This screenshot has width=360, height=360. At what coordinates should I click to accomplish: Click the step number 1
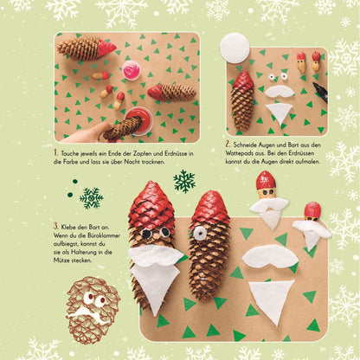[x=55, y=152]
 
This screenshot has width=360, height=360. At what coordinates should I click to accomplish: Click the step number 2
[x=228, y=144]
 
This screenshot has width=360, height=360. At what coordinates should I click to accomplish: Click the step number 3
[x=55, y=226]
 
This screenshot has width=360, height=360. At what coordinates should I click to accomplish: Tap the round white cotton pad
[x=235, y=48]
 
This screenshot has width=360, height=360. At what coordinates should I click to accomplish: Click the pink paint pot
[x=132, y=70]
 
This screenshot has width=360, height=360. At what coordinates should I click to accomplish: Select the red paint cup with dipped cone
[x=138, y=121]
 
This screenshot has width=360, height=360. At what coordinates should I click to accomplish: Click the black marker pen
[x=321, y=92]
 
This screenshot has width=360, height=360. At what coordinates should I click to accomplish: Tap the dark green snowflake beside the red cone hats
[x=184, y=181]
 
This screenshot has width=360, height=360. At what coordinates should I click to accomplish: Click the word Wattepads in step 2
[x=236, y=153]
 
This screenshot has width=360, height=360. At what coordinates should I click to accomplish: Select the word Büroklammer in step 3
[x=106, y=235]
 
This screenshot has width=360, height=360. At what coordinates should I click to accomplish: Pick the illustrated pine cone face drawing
[x=93, y=310]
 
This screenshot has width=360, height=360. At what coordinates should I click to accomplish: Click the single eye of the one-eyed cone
[x=199, y=233]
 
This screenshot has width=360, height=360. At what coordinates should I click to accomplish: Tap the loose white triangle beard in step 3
[x=272, y=301]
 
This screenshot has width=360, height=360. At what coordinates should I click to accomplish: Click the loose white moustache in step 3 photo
[x=270, y=256]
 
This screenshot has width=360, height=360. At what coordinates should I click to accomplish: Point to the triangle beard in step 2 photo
[x=279, y=112]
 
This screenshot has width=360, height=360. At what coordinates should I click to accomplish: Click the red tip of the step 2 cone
[x=243, y=80]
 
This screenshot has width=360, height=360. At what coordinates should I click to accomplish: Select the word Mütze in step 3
[x=61, y=260]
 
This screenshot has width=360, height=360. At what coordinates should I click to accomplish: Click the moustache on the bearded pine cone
[x=156, y=254]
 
